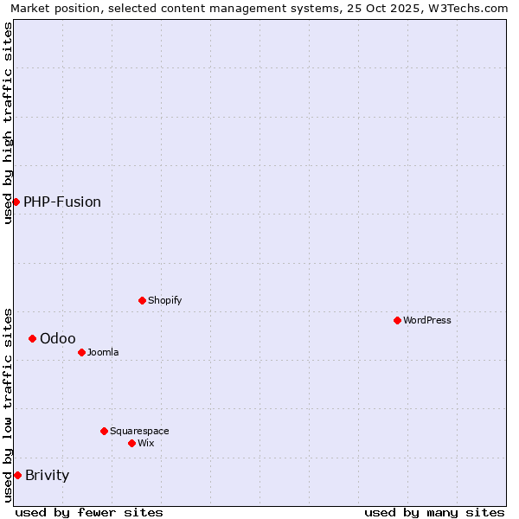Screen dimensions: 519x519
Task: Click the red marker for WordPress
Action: (x=397, y=320)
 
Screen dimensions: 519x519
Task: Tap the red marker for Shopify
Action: (x=142, y=300)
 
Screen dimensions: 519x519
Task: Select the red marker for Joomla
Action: (x=81, y=352)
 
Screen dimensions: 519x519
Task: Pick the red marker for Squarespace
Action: (x=104, y=431)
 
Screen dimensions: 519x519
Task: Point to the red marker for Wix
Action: (x=131, y=443)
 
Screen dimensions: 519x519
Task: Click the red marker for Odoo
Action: (x=32, y=338)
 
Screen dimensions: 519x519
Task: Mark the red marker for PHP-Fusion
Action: (x=16, y=202)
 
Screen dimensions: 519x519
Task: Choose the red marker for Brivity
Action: (x=17, y=475)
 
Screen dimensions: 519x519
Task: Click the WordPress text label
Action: (x=427, y=320)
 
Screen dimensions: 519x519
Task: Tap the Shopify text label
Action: (x=165, y=300)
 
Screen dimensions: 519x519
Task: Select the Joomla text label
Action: (x=103, y=352)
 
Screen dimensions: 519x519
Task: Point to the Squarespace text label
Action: (x=139, y=431)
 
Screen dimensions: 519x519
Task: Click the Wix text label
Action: (x=146, y=443)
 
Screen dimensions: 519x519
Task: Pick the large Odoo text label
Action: (x=58, y=338)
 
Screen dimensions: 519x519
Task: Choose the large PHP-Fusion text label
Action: (x=62, y=202)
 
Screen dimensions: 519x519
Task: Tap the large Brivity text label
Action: (x=48, y=475)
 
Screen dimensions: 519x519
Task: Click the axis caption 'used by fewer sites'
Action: (x=89, y=512)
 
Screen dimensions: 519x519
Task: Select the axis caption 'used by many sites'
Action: (x=434, y=512)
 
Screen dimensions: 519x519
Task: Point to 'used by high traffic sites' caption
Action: (x=8, y=123)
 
